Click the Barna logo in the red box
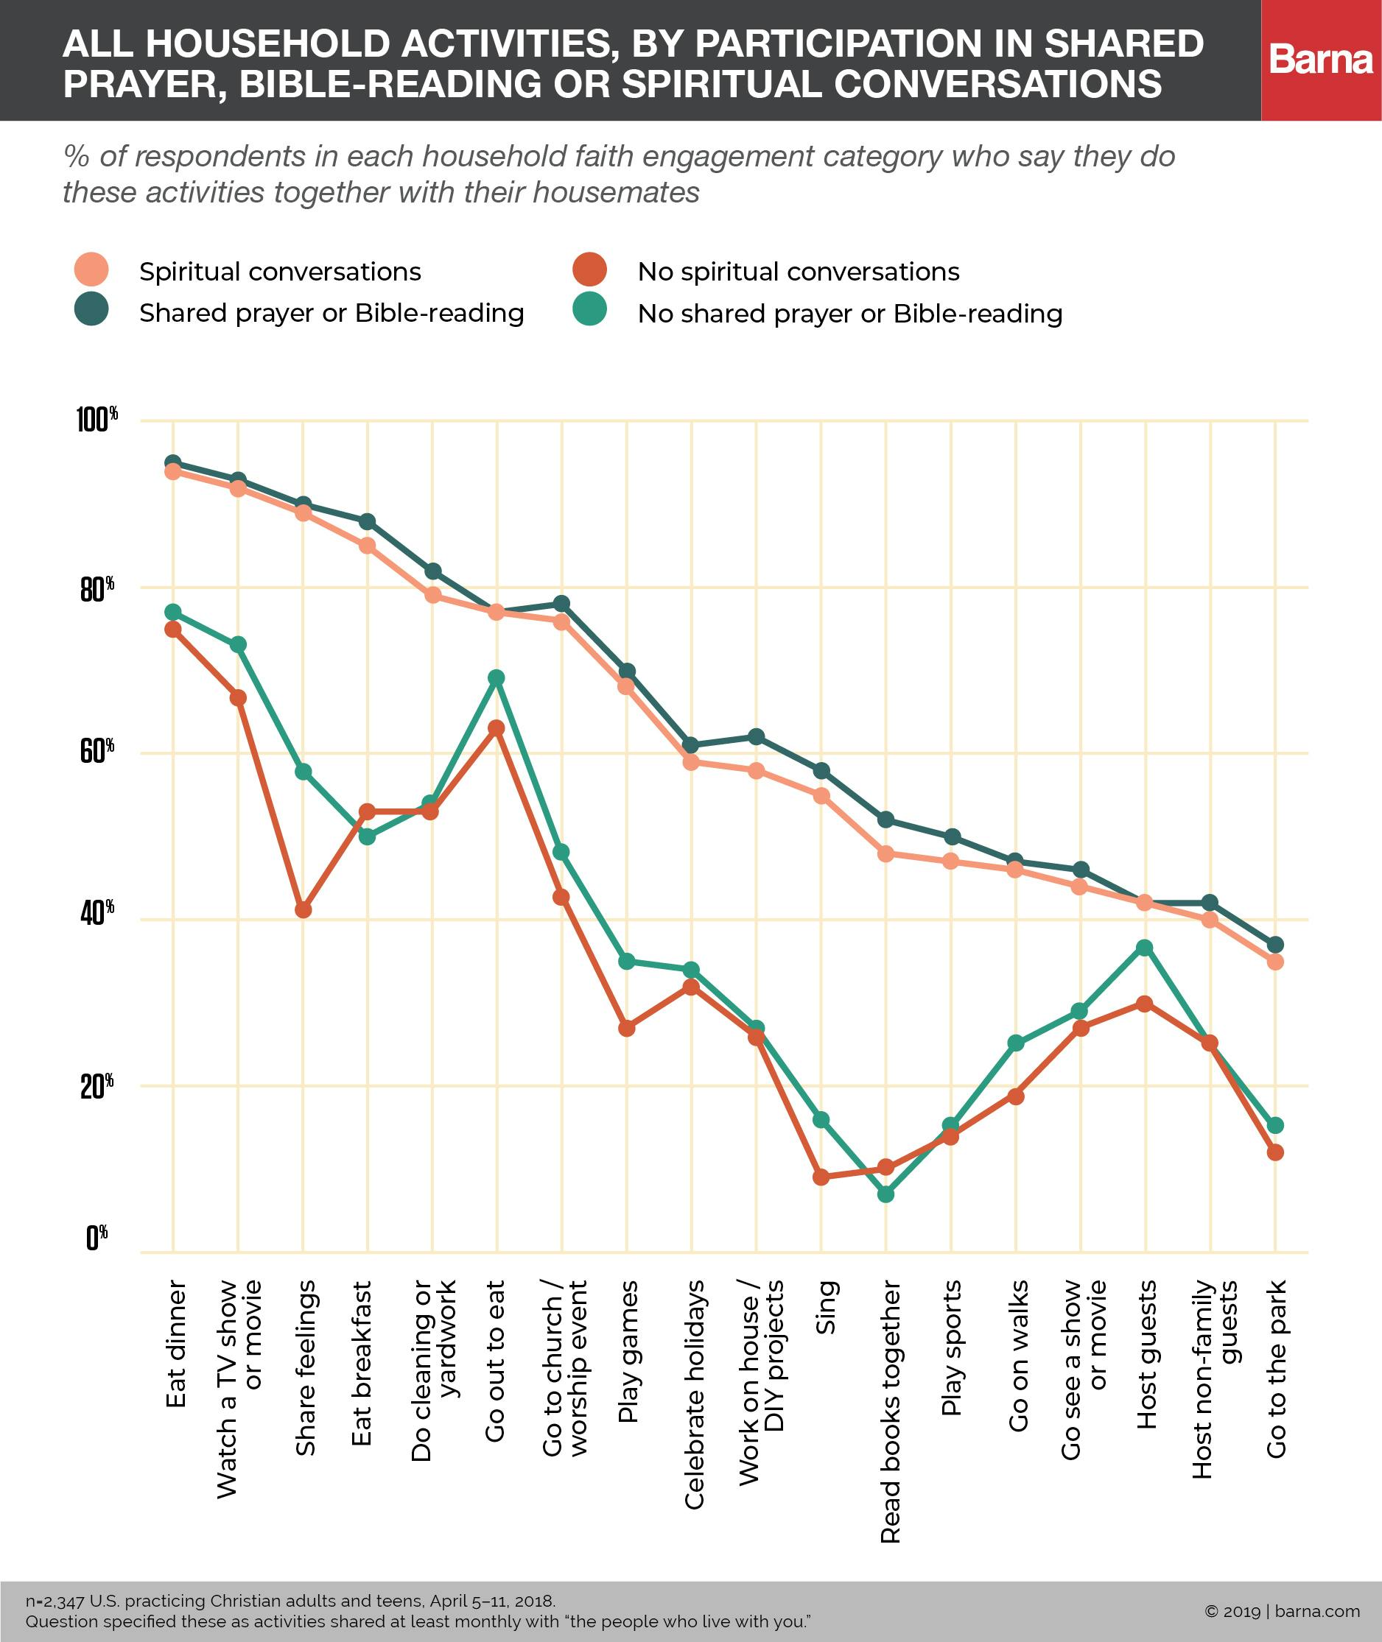1321,60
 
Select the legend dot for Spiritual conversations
91,270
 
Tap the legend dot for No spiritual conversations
589,270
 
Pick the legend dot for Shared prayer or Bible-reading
91,311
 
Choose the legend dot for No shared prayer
589,311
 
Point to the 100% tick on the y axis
97,420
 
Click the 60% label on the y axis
97,751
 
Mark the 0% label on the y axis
97,1237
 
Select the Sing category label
826,1307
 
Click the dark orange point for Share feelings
304,910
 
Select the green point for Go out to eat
496,677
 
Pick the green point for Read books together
886,1194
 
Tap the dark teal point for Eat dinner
173,462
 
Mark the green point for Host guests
1145,948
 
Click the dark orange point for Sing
821,1177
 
